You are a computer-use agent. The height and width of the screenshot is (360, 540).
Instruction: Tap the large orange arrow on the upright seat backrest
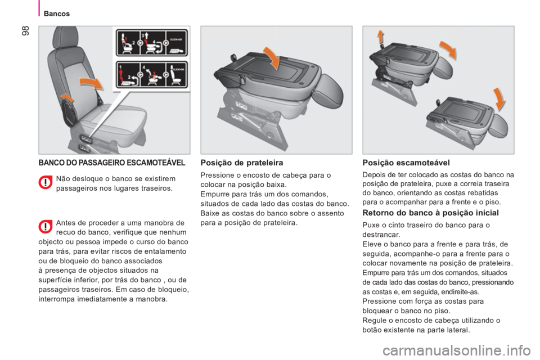[92, 85]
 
